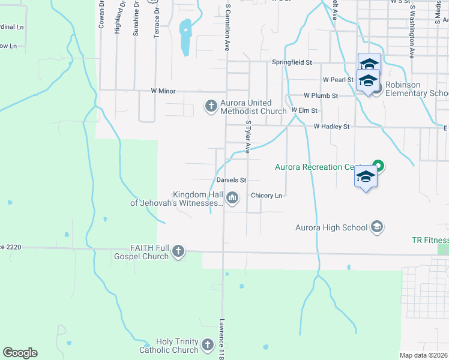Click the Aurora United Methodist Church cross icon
(211, 106)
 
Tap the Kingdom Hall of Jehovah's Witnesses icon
(232, 197)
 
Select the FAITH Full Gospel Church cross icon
(178, 251)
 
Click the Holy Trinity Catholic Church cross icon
(207, 345)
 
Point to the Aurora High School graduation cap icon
(377, 227)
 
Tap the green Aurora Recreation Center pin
(378, 166)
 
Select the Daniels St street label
(232, 180)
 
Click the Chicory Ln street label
(267, 196)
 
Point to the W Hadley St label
(331, 127)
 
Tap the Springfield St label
(292, 62)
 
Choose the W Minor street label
(162, 91)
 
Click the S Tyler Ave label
(247, 136)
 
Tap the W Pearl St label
(337, 79)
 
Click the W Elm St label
(304, 111)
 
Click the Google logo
(20, 353)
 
